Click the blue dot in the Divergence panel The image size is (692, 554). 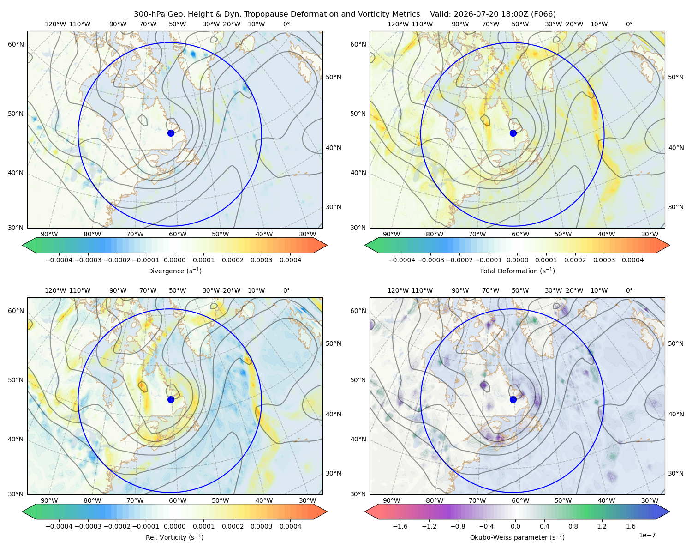171,133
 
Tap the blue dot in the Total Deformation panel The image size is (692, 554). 513,133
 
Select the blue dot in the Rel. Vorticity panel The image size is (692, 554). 171,399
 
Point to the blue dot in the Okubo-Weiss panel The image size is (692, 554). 513,399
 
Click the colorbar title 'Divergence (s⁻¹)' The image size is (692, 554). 174,271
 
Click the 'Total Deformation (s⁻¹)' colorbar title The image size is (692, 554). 517,271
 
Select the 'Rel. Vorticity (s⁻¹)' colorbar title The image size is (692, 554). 174,537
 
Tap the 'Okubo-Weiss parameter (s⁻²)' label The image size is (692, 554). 517,537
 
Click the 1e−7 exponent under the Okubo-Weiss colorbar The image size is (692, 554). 647,535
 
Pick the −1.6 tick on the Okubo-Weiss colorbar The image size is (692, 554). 400,526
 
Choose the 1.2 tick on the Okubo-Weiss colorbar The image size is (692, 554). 602,526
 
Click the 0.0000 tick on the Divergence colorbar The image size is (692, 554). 174,260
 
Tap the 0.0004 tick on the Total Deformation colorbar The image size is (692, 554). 632,260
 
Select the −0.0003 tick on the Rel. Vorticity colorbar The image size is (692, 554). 88,526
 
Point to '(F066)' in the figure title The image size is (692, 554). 543,14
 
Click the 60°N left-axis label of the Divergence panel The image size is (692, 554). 16,44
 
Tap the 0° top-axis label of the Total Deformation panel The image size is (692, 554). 629,24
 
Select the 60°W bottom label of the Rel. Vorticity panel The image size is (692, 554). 178,500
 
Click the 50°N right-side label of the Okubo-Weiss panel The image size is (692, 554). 676,343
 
